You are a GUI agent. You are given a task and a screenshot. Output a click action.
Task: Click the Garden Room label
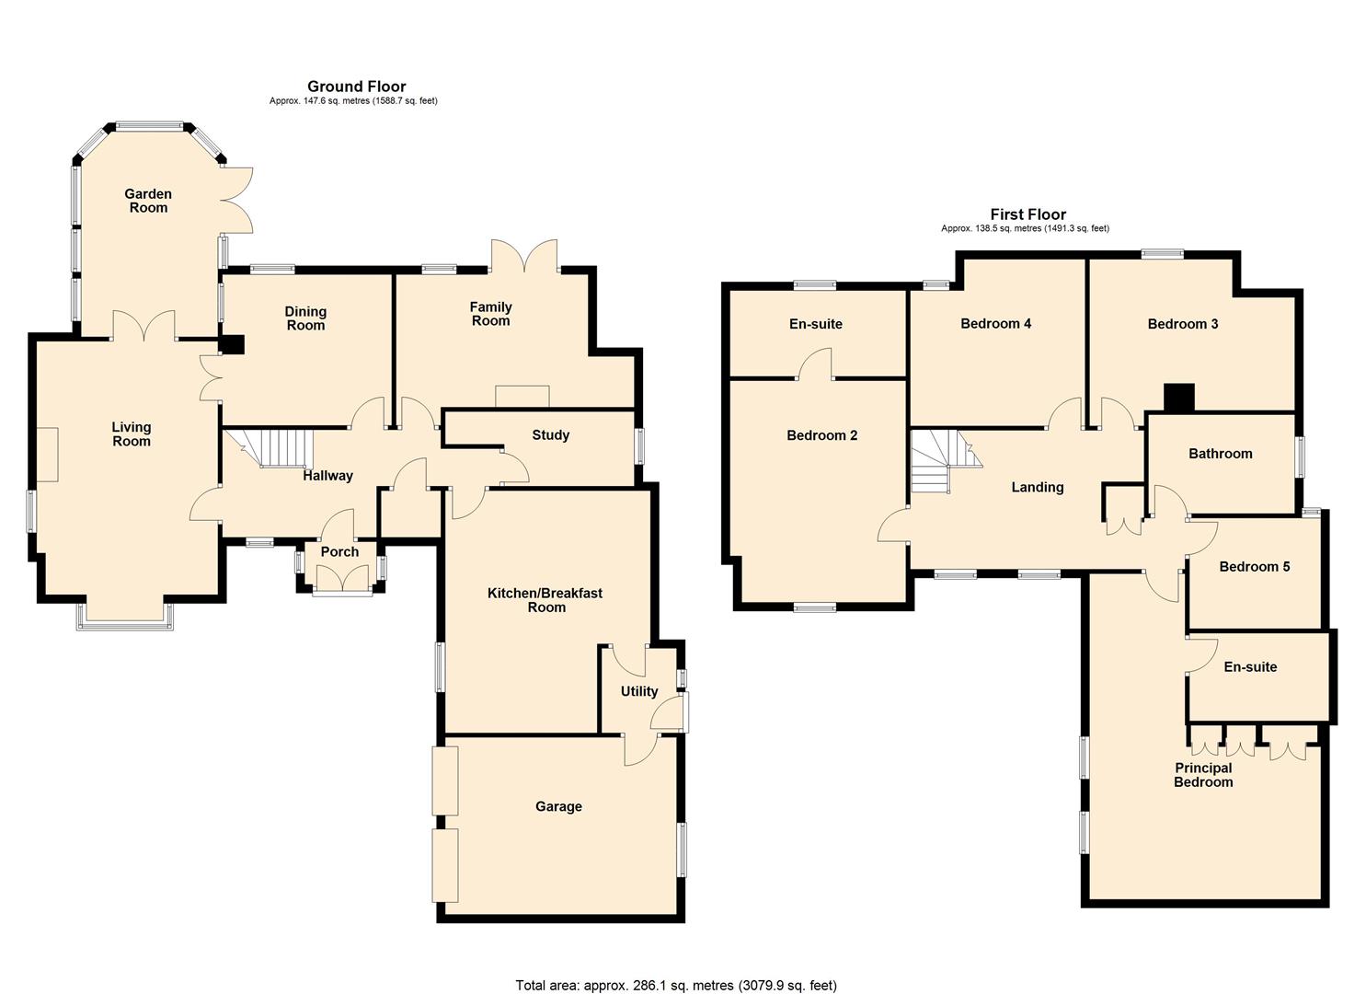coord(148,201)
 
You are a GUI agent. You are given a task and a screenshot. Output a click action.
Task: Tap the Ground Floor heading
coord(356,87)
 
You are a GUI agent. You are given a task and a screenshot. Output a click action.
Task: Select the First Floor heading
coord(1027,214)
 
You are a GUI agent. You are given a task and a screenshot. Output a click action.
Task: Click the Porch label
coord(339,552)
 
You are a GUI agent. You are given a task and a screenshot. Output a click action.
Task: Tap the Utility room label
coord(638,691)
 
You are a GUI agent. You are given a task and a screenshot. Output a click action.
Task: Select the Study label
coord(550,435)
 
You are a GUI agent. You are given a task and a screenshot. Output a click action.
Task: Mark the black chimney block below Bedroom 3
coord(1178,397)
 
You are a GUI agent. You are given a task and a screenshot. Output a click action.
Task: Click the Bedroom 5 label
coord(1254,567)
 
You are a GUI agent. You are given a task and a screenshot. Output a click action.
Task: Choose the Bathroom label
coord(1220,454)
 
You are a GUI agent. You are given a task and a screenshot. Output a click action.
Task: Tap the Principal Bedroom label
coord(1203,775)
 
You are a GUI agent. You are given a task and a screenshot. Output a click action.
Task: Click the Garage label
coord(558,807)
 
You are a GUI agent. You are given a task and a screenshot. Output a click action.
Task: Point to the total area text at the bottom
coord(676,986)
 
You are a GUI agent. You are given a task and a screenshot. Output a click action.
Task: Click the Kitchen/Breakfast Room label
coord(545,600)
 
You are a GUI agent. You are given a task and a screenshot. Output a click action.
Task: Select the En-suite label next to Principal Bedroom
coord(1250,667)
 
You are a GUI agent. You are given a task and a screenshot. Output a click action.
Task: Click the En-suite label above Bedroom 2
coord(815,324)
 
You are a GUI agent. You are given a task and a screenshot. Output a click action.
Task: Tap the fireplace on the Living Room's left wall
coord(47,455)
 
